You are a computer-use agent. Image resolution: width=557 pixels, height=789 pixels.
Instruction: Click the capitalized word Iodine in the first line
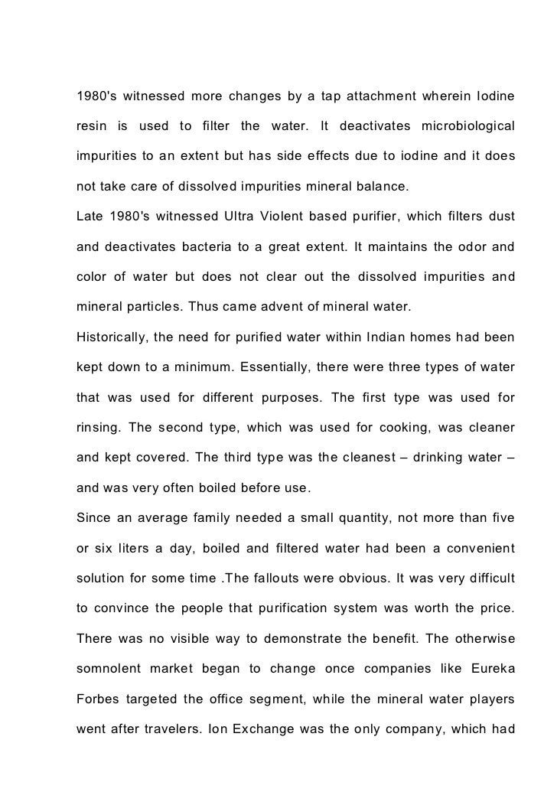point(494,98)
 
